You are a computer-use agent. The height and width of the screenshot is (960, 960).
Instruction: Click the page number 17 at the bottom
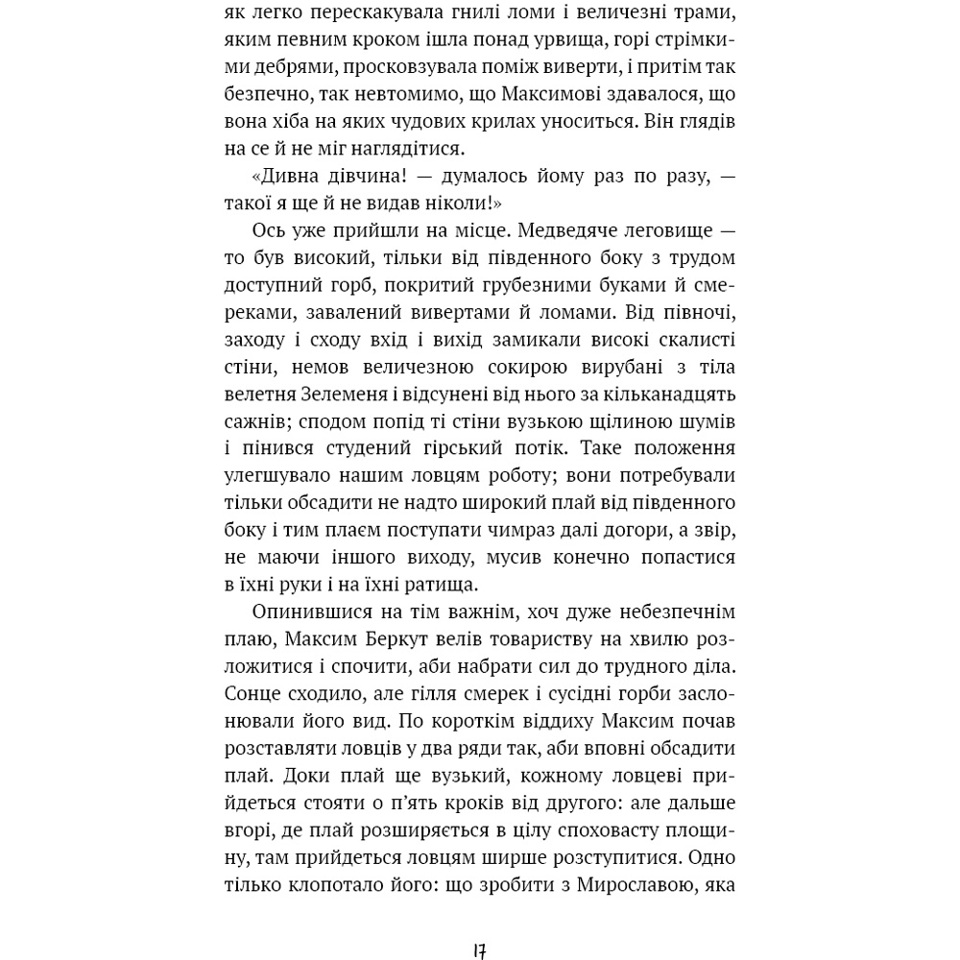tap(479, 951)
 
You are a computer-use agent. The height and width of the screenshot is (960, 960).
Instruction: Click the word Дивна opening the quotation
tap(290, 177)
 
